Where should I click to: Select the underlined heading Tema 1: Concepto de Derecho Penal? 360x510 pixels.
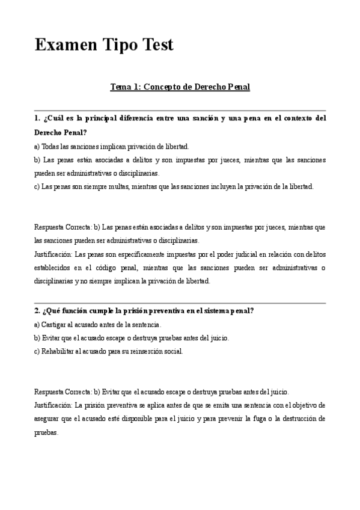coord(180,87)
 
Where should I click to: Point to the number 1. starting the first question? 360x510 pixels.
coord(37,118)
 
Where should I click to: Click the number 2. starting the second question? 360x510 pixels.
coord(37,311)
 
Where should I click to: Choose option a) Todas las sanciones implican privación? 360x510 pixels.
coord(112,146)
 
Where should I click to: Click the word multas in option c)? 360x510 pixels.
coord(120,186)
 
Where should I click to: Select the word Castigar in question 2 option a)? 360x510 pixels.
coord(55,325)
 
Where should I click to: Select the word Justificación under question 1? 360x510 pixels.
coord(53,254)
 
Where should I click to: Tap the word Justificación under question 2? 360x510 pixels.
coord(53,405)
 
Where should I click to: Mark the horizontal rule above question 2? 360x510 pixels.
coord(180,303)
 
